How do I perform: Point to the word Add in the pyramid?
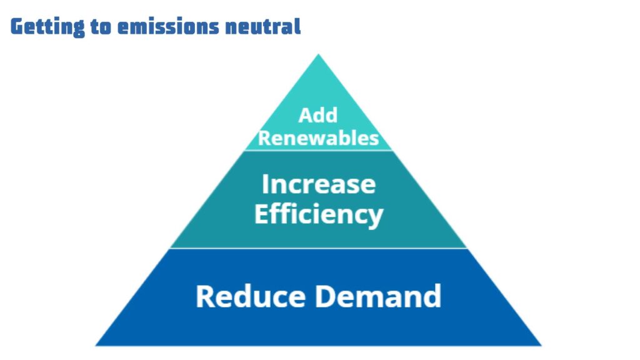(x=318, y=116)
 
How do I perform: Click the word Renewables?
(x=319, y=138)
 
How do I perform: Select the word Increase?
(x=319, y=184)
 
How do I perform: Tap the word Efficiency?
(x=319, y=214)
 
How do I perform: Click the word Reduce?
(x=249, y=296)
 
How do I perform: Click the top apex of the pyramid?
(x=319, y=56)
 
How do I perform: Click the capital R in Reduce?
(x=206, y=296)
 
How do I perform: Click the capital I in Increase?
(x=265, y=184)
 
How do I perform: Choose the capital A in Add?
(x=305, y=116)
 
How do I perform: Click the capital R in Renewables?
(x=265, y=138)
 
